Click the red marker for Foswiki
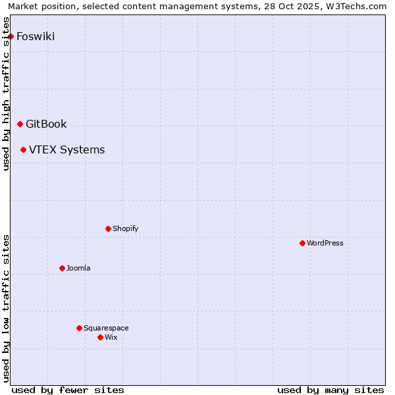coord(11,36)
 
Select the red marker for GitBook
coord(20,124)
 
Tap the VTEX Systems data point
coord(23,149)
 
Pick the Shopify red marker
coord(108,228)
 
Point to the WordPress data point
coord(302,243)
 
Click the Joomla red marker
coord(62,268)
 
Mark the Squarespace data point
coord(79,328)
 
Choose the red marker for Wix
coord(100,337)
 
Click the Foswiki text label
coord(36,36)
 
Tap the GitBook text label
coord(46,124)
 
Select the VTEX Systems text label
coord(66,149)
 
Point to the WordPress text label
coord(325,243)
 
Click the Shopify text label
coord(125,228)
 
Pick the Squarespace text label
coord(106,328)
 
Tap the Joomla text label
coord(78,268)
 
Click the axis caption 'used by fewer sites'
coord(68,390)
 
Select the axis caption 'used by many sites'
coord(330,390)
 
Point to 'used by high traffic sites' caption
coord(7,93)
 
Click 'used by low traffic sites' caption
coord(7,308)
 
